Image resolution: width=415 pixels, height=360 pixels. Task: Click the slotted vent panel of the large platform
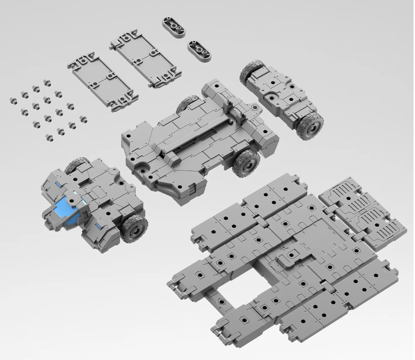(364, 210)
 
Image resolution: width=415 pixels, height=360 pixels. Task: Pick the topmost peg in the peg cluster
(47, 83)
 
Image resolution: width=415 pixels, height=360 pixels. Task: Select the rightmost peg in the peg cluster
(83, 120)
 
